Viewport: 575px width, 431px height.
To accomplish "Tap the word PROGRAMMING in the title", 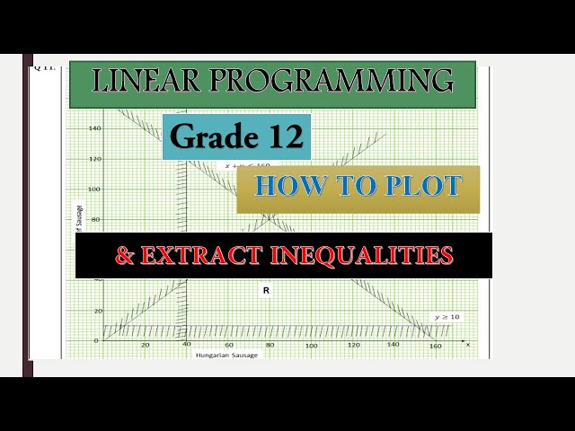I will coord(332,82).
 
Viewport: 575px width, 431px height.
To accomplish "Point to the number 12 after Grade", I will coord(283,137).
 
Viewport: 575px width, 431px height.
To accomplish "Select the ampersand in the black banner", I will coord(124,256).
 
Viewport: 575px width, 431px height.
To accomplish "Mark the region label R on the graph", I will coord(266,290).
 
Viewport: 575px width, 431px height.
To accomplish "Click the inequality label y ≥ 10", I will coord(447,317).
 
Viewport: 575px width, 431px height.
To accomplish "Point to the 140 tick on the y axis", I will coord(94,128).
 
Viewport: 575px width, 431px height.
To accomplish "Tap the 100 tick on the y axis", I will coord(94,189).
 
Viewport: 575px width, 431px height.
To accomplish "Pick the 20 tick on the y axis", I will coord(96,311).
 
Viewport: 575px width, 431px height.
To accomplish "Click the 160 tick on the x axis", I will coord(436,346).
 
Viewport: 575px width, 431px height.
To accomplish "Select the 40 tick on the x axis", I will coord(187,346).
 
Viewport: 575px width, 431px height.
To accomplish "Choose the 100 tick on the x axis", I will coord(311,346).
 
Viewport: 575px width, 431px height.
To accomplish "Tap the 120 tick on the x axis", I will coord(353,346).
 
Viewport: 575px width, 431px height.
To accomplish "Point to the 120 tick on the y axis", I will coord(94,159).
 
